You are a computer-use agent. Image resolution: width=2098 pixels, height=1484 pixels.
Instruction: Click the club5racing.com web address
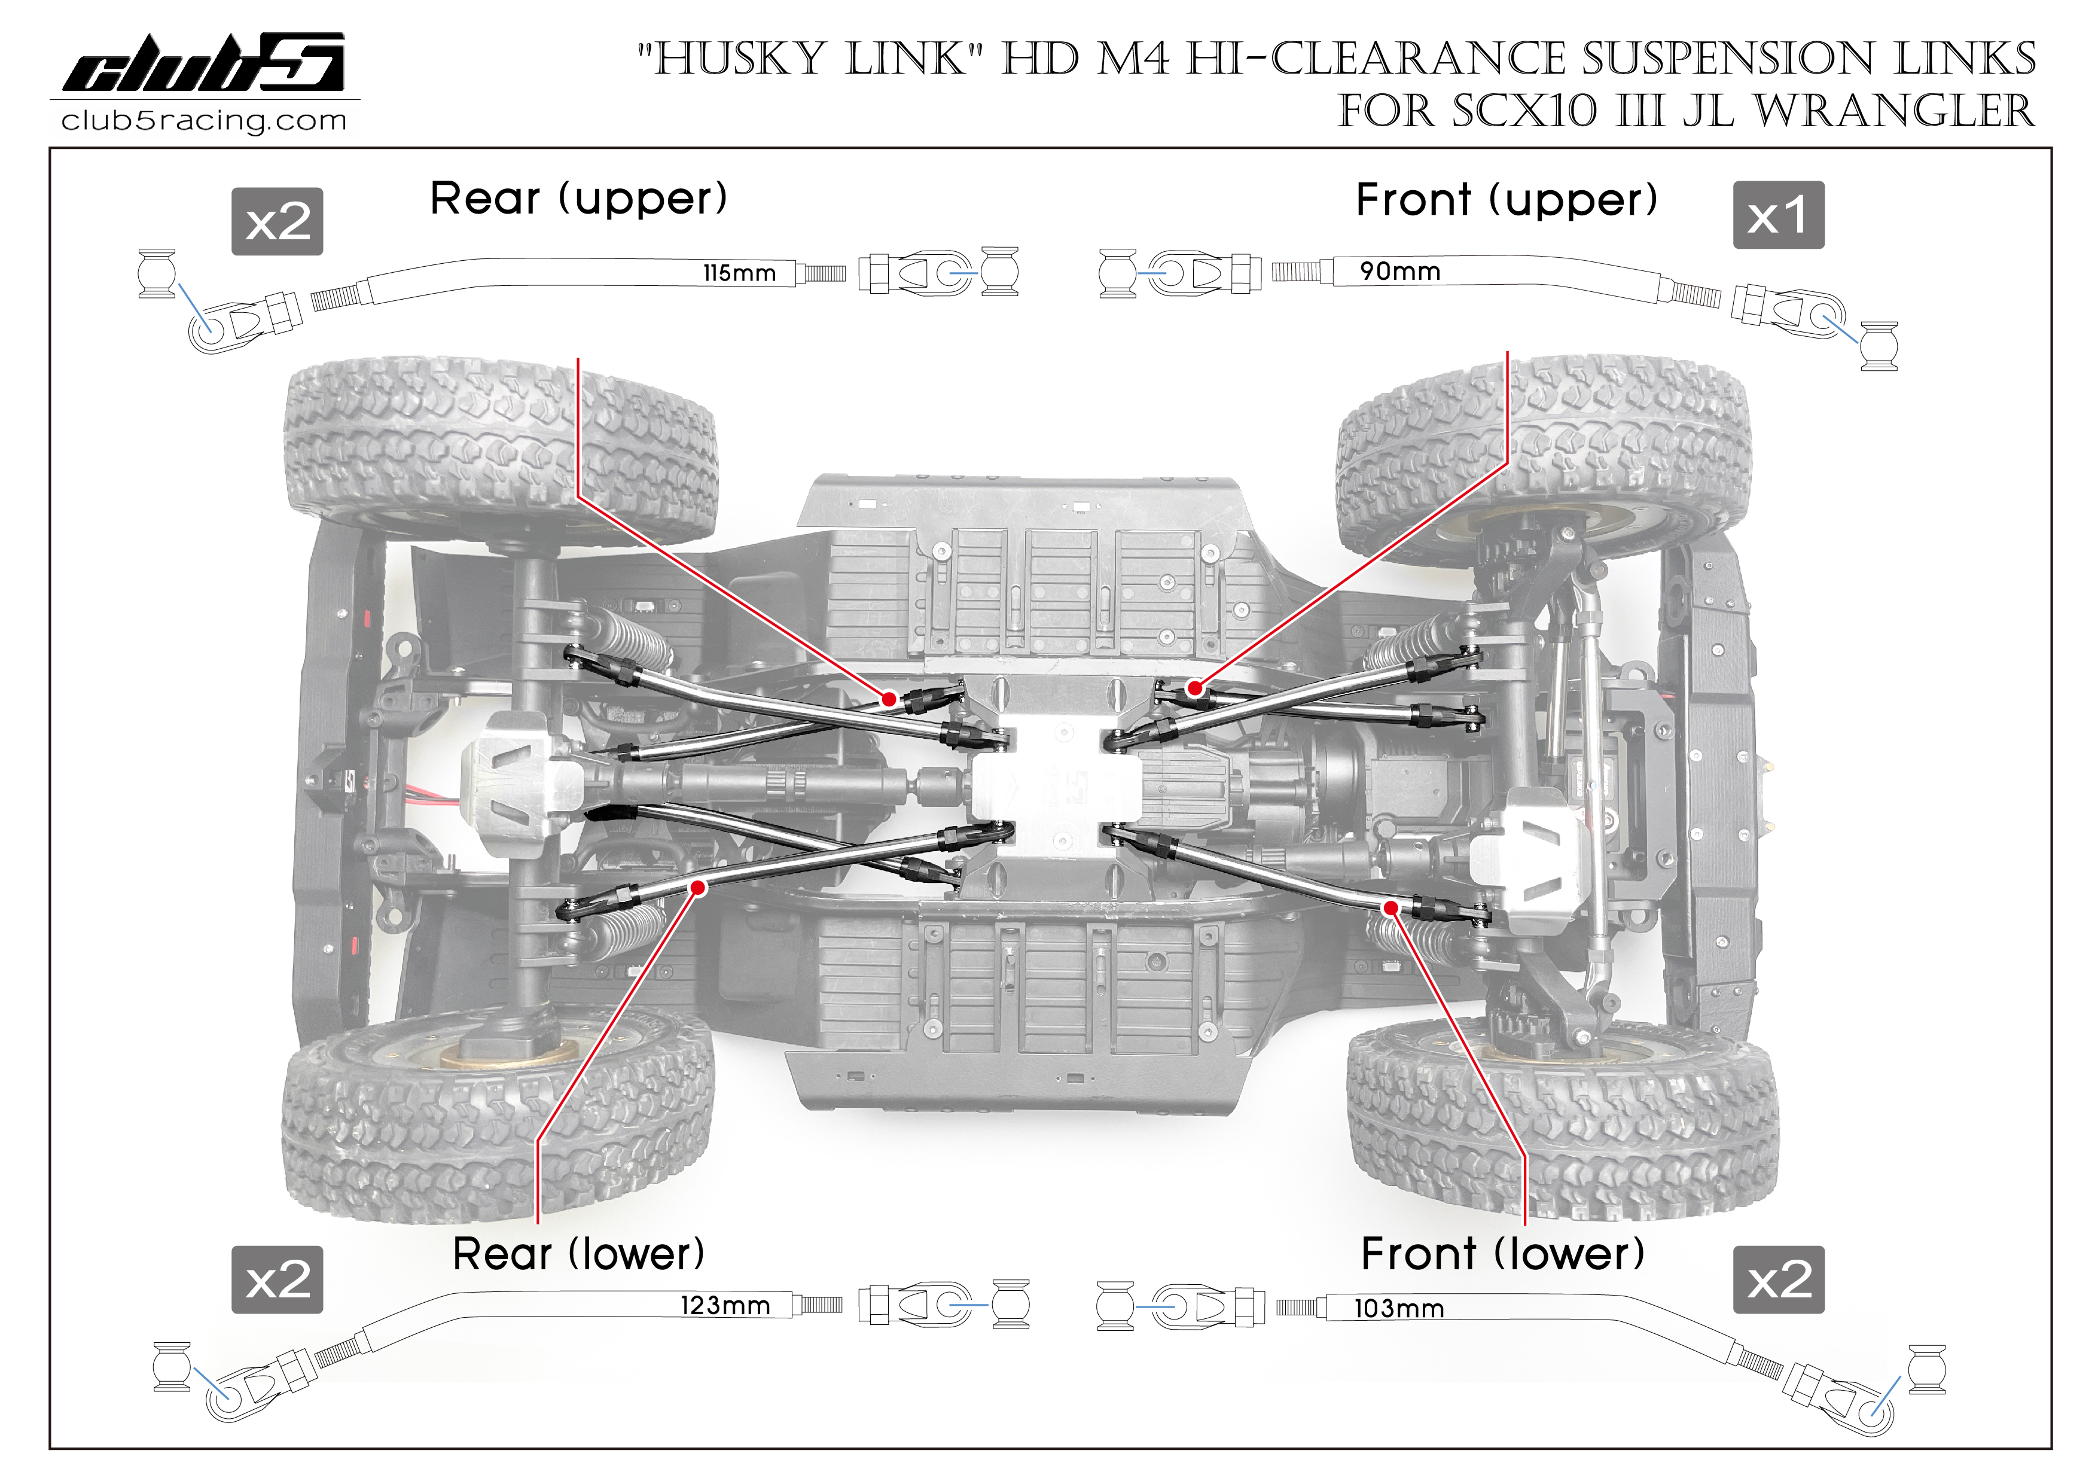point(204,121)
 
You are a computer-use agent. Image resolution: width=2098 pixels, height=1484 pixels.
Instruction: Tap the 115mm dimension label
point(739,273)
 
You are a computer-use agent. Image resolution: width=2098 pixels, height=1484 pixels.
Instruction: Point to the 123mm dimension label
point(725,1305)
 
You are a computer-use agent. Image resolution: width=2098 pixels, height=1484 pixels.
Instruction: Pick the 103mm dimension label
point(1399,1309)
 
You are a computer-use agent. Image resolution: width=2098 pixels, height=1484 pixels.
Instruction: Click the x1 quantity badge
point(1778,216)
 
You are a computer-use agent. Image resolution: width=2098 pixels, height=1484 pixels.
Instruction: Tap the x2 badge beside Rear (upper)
point(277,222)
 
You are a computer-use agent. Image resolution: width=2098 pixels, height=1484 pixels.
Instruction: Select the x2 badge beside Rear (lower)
point(277,1279)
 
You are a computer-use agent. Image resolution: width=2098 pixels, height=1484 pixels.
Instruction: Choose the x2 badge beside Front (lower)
point(1778,1279)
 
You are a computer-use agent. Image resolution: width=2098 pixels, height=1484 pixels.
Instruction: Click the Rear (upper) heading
point(578,199)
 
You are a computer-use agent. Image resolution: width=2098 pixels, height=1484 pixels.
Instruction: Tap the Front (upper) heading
point(1506,200)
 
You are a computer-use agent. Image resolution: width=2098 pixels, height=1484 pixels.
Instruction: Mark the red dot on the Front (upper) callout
point(1194,688)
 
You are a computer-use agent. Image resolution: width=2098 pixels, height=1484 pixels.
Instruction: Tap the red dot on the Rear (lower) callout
point(698,887)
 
